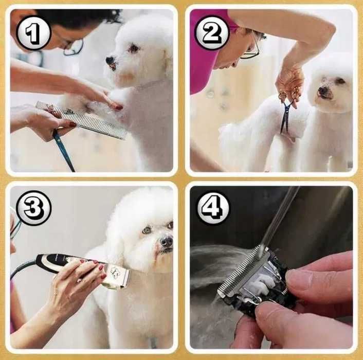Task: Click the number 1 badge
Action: [33, 33]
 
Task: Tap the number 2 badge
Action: [212, 32]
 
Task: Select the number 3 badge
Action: [33, 208]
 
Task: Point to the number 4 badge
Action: [213, 208]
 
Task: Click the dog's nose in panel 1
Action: [110, 61]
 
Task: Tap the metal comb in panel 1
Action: [81, 120]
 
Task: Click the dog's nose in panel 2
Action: [322, 91]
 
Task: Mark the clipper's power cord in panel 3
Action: [23, 268]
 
